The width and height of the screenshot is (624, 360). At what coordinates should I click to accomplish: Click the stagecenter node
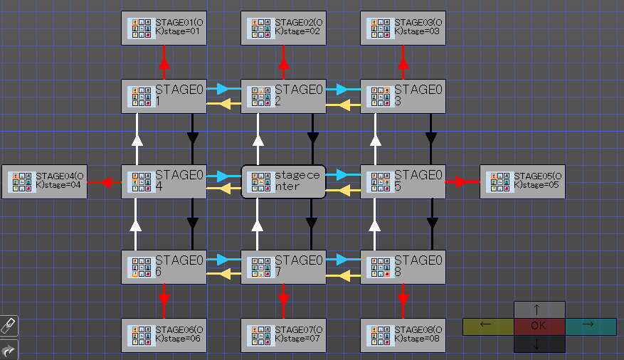tap(284, 181)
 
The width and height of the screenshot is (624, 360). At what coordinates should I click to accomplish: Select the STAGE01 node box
tap(164, 96)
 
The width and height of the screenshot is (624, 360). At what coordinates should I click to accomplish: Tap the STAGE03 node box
tap(403, 96)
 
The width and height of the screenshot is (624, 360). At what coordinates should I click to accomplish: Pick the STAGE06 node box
tap(164, 267)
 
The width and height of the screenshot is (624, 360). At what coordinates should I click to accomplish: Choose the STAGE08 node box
tap(403, 267)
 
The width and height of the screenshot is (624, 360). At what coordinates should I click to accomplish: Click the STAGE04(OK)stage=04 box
tap(44, 181)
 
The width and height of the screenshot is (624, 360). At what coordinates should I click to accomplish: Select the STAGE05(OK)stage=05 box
tap(522, 181)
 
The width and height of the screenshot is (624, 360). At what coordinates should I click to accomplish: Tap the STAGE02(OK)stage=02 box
tap(283, 28)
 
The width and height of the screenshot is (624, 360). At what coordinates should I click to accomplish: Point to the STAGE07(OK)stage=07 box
tap(283, 335)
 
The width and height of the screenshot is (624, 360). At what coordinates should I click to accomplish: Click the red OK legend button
tap(539, 327)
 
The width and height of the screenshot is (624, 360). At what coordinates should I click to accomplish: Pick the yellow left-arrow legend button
tap(487, 327)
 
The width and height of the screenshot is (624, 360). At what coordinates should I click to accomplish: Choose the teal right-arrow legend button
tap(591, 327)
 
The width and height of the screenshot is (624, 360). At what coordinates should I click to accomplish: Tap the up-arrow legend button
tap(539, 309)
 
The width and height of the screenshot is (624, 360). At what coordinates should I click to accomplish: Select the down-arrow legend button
tap(539, 344)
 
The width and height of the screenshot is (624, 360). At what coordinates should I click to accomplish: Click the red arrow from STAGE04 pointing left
tap(105, 182)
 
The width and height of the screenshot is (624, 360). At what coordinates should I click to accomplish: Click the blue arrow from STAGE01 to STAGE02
tap(223, 89)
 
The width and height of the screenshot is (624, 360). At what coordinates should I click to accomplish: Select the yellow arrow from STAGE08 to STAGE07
tap(344, 275)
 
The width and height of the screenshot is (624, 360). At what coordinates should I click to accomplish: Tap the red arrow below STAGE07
tap(284, 300)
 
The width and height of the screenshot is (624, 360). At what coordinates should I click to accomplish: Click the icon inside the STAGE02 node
tap(259, 96)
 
